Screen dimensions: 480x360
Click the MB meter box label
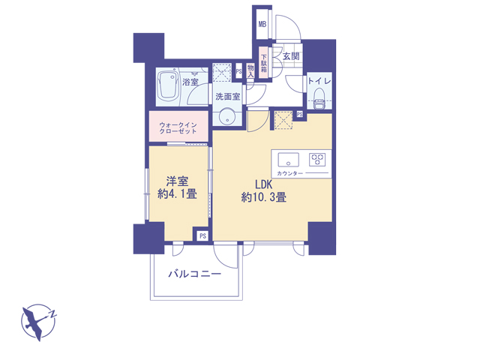262,24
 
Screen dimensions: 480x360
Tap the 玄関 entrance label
290,56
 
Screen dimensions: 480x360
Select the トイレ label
319,81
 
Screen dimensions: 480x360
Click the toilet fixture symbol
319,98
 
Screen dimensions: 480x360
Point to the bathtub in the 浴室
167,87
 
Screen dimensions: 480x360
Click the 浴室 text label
190,82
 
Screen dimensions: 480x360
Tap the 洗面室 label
227,97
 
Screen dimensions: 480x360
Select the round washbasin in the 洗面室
227,117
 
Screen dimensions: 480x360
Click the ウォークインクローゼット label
178,128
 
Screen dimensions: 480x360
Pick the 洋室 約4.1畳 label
177,187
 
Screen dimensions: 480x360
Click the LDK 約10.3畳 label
264,190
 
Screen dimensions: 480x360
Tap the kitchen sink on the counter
288,160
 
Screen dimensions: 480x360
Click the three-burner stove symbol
317,160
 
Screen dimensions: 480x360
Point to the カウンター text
289,173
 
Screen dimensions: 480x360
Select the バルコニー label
195,274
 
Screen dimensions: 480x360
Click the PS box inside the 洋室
202,235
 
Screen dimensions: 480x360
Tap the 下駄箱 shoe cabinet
263,63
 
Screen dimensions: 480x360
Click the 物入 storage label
250,70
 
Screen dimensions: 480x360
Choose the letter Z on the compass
53,313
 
